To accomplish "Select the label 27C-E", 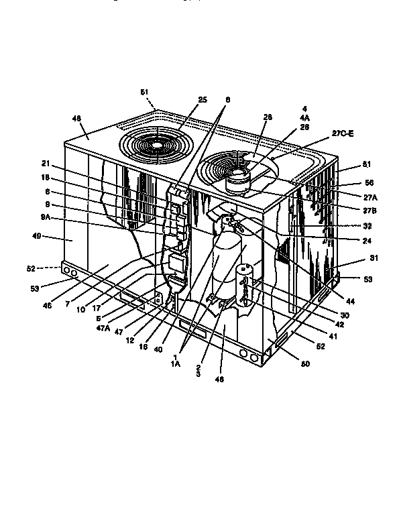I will tap(342, 134).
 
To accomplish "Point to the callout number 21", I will tap(46, 163).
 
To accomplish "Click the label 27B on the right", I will tap(350, 210).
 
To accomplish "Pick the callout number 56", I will tap(350, 182).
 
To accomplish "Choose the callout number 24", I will tap(349, 240).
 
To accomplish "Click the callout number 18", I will tap(46, 178).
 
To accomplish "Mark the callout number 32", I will tap(349, 226).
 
